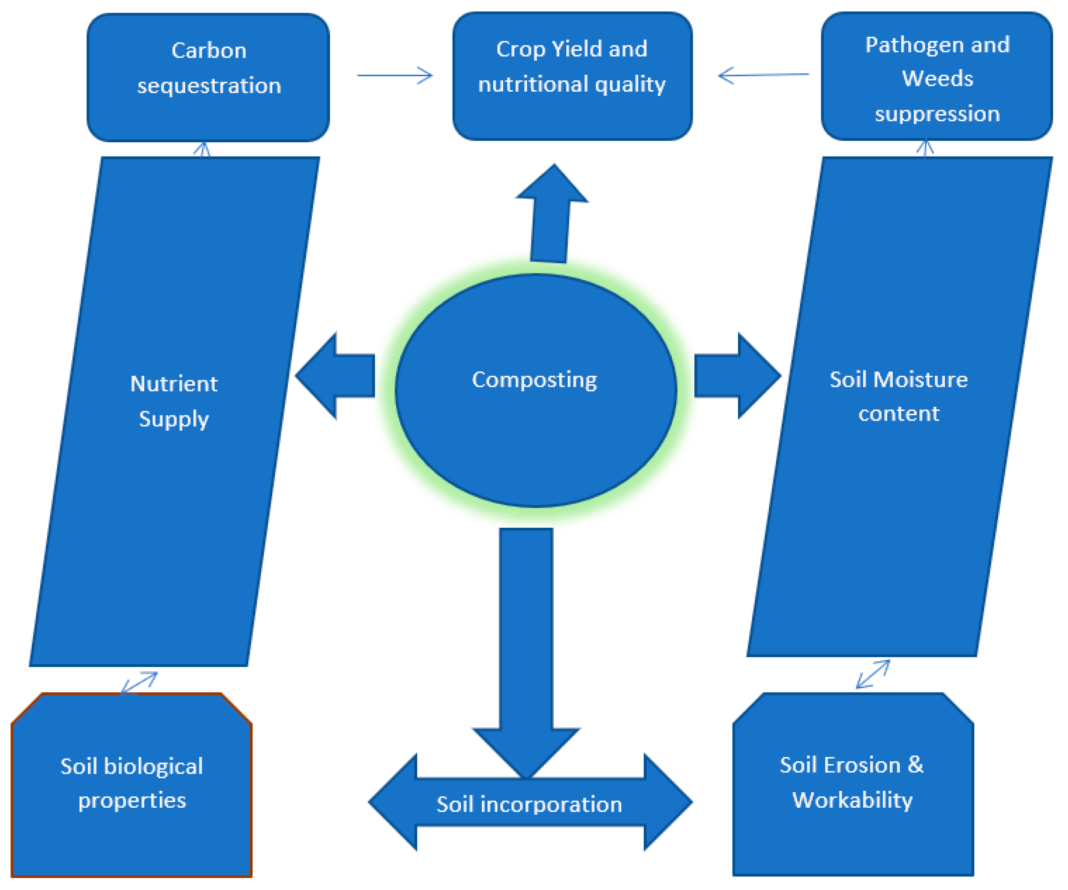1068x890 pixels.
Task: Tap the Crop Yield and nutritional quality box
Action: (x=572, y=76)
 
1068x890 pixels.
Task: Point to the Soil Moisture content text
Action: (x=898, y=396)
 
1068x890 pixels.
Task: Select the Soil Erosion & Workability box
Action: (x=853, y=783)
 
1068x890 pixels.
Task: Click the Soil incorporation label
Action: (x=529, y=805)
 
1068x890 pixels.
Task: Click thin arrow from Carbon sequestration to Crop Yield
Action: (x=394, y=75)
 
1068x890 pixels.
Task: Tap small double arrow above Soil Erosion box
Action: (x=873, y=674)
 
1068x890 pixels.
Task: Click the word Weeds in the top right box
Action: (x=937, y=78)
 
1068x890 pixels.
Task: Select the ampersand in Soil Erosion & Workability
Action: (x=915, y=765)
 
